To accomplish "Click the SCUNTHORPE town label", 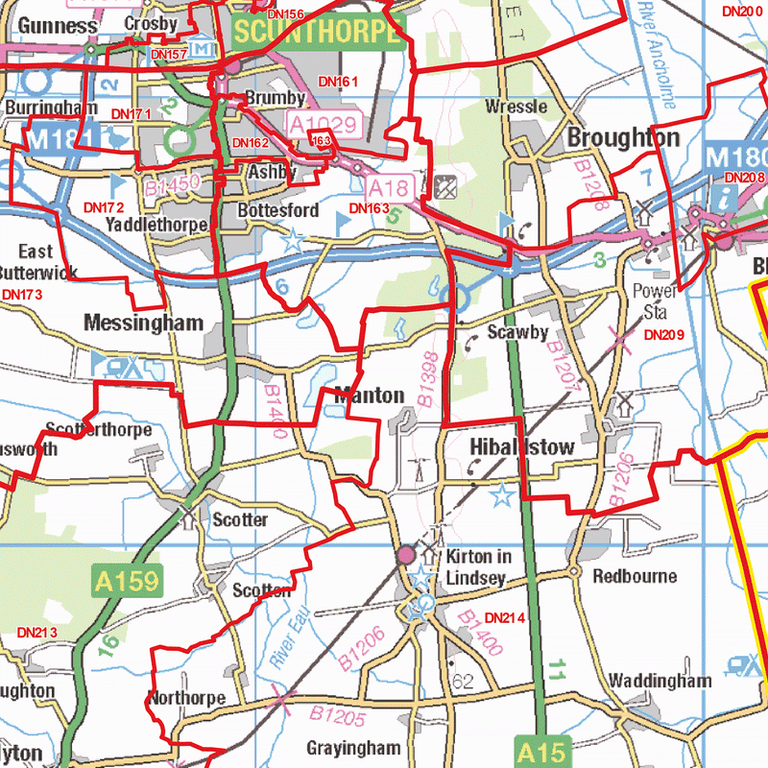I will coord(316,33).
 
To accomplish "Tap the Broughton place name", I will coord(623,137).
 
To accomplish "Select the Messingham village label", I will coord(143,323).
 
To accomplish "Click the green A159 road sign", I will coord(127,580).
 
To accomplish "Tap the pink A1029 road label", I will coord(324,123).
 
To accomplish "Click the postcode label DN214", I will coord(505,617).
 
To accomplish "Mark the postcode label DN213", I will coord(37,633).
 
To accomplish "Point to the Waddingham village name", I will coord(660,681).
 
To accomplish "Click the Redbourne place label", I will coord(635,576).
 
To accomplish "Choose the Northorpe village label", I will coord(187,698).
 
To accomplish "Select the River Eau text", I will coord(288,643).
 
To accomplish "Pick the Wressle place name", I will coord(516,107).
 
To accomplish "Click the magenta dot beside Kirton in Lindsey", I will coord(406,555).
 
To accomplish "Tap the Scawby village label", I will coord(517,333).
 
